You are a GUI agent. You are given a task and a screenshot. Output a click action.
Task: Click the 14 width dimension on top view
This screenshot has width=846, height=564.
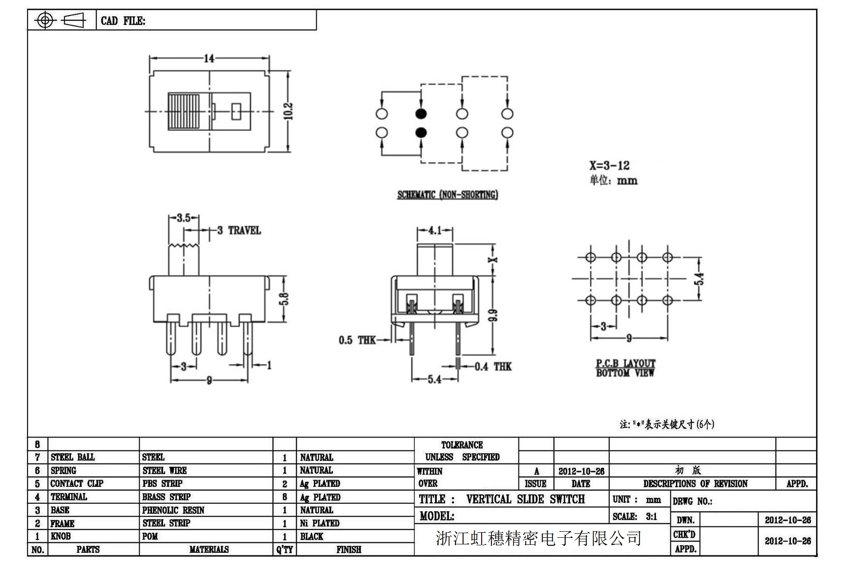click(x=209, y=58)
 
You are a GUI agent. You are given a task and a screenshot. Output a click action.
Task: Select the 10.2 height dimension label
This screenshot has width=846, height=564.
click(x=289, y=111)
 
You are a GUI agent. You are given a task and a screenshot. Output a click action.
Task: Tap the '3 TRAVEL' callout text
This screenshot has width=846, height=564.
click(x=239, y=230)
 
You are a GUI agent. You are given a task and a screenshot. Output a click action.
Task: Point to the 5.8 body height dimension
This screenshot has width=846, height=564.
click(x=285, y=299)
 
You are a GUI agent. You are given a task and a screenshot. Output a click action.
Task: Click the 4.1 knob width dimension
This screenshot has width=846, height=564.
click(x=434, y=230)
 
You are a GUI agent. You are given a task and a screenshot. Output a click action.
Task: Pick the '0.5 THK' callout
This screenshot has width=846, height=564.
click(x=357, y=340)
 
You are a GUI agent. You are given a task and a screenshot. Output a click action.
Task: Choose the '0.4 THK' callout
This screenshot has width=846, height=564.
click(x=493, y=367)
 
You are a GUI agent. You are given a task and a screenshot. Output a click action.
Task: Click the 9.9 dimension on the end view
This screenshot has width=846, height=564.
click(x=493, y=315)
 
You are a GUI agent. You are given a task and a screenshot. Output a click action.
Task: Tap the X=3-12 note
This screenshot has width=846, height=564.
click(x=609, y=165)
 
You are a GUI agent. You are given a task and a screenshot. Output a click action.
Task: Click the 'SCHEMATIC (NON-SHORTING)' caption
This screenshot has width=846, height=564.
click(x=448, y=195)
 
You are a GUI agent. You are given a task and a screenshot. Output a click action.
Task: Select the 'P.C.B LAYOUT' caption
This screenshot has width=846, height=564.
click(x=626, y=363)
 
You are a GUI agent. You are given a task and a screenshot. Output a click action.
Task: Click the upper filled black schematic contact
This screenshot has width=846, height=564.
click(x=421, y=114)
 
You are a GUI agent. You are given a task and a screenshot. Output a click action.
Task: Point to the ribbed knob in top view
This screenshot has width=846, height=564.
click(x=184, y=112)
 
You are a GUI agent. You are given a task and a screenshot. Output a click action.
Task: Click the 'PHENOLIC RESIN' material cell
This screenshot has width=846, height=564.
click(x=173, y=510)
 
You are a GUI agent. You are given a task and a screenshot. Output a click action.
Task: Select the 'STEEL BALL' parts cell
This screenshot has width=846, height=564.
click(x=72, y=457)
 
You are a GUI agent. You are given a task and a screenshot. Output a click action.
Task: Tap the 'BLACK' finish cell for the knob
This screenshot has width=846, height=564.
click(x=312, y=536)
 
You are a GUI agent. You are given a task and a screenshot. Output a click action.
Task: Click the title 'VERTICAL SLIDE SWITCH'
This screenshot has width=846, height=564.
click(x=525, y=499)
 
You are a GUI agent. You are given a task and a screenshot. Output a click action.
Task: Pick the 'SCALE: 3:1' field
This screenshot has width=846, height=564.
click(x=635, y=516)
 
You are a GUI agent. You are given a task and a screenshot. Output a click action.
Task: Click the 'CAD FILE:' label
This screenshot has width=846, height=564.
click(x=123, y=21)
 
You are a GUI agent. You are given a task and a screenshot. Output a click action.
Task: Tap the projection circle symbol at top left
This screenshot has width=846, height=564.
click(x=45, y=20)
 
